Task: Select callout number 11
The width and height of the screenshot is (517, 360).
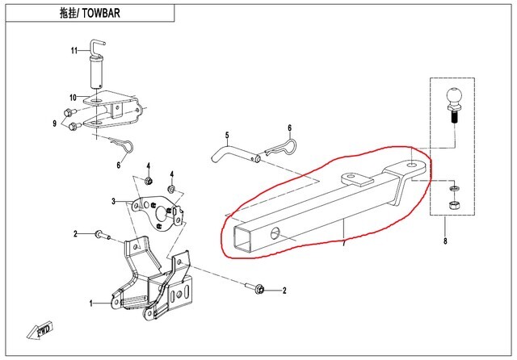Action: pos(73,51)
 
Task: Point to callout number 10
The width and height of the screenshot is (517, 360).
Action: pos(73,98)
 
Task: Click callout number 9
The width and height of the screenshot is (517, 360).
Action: pos(55,123)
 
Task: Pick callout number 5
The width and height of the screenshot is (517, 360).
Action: pos(227,135)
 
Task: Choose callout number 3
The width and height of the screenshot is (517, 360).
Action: pos(115,201)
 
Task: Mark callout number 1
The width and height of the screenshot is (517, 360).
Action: pos(91,303)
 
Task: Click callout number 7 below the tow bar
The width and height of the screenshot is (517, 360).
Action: pos(343,243)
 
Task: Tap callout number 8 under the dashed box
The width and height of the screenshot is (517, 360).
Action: pos(444,241)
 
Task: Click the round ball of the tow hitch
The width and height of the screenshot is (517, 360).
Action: pos(452,100)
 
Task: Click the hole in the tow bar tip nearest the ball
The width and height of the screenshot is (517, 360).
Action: pos(413,165)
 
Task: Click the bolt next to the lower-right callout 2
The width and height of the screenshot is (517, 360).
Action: pos(256,287)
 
